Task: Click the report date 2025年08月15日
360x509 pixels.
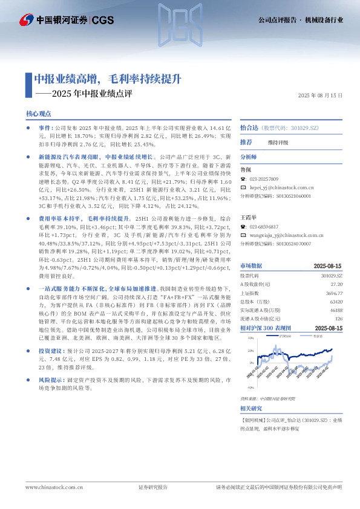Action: (x=321, y=96)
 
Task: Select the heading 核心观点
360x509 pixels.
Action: (x=39, y=114)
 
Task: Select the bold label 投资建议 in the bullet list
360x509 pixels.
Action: (x=49, y=350)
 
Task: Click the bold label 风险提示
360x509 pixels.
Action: (x=49, y=380)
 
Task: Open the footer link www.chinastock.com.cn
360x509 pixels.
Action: (x=46, y=487)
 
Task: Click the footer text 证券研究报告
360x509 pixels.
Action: (x=153, y=487)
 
